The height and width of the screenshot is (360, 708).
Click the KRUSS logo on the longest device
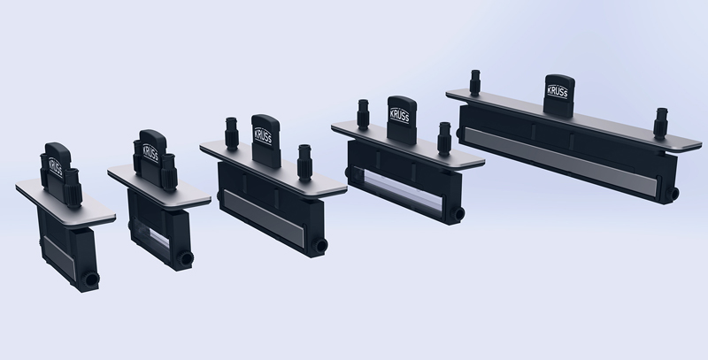[558, 92]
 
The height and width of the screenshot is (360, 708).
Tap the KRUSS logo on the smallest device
[56, 168]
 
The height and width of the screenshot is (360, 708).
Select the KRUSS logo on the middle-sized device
[263, 136]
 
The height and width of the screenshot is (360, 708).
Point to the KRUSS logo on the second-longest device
[400, 116]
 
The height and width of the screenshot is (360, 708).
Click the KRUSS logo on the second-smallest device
[150, 152]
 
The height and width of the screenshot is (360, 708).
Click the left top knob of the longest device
[474, 82]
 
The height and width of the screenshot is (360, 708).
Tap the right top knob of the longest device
[660, 123]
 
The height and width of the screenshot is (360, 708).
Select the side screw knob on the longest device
[672, 195]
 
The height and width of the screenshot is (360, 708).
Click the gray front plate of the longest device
[560, 162]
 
